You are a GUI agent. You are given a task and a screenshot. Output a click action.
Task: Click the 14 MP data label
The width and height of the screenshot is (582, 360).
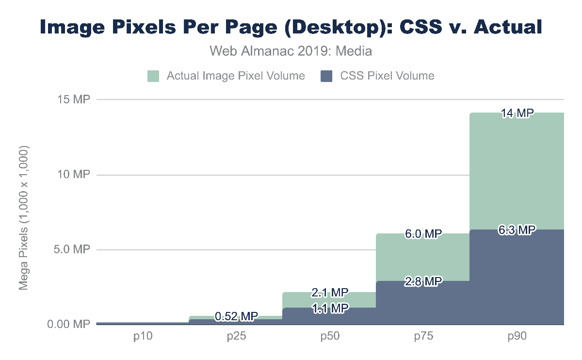point(517,113)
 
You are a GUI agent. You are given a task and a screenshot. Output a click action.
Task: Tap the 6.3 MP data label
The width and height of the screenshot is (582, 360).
point(517,230)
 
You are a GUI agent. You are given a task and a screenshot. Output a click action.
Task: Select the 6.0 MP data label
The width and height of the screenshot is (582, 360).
point(423,234)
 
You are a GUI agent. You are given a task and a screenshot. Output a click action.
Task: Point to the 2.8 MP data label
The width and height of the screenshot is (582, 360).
point(423,281)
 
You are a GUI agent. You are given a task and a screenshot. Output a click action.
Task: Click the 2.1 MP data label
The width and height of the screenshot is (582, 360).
point(330,293)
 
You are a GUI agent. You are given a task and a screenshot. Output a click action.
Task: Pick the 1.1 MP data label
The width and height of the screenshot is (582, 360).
point(330,308)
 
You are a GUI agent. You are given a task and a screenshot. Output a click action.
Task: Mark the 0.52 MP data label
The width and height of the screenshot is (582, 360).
point(236,317)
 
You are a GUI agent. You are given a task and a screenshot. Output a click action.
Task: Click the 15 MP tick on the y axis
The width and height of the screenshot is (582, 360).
point(74,99)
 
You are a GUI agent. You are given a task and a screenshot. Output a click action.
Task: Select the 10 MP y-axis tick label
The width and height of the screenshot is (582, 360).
point(74,175)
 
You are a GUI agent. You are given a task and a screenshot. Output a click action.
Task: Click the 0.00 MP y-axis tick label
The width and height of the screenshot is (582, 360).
point(69,324)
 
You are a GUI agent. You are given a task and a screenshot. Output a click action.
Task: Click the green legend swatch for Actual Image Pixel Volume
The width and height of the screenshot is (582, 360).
point(153,76)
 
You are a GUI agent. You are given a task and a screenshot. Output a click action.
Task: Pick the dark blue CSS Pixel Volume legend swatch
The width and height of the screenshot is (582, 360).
point(327,76)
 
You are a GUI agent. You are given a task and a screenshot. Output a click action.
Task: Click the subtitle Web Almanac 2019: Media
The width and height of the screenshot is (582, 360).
point(291,50)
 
